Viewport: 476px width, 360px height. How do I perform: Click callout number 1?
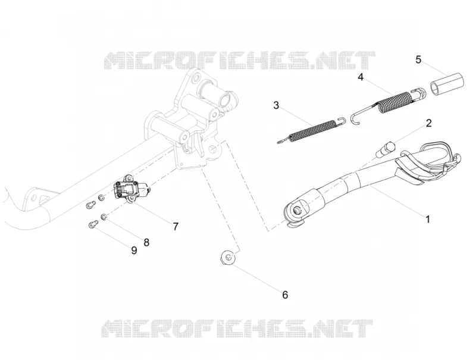pos(428,219)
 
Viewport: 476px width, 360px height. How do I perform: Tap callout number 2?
pos(428,123)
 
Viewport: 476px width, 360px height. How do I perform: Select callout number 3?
pos(276,105)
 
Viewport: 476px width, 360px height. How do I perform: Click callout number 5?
pos(418,60)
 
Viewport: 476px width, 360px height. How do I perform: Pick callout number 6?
pos(285,295)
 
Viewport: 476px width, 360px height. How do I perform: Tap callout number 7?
pos(176,227)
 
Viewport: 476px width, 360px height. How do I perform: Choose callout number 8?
pos(146,242)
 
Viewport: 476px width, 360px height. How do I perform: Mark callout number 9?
pos(134,251)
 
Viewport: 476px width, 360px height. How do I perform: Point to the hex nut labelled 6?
pos(228,258)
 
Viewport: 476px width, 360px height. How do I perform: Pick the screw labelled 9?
pos(93,225)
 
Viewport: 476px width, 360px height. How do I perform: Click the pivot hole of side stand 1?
pos(296,209)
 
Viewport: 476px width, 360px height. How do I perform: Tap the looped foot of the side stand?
pos(431,162)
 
